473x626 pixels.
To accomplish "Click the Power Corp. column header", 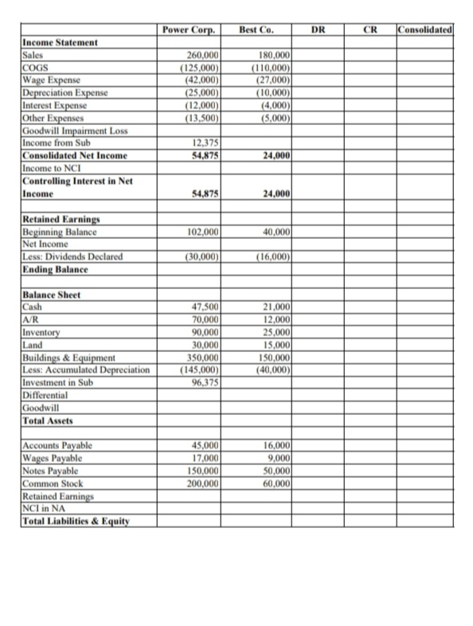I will [x=188, y=30].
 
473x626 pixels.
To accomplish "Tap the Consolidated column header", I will [x=428, y=30].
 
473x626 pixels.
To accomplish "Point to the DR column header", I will [x=318, y=30].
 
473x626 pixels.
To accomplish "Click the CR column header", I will [x=369, y=30].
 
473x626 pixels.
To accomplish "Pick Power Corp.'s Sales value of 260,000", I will [x=202, y=55].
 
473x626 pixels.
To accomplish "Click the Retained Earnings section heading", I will [x=60, y=220].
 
